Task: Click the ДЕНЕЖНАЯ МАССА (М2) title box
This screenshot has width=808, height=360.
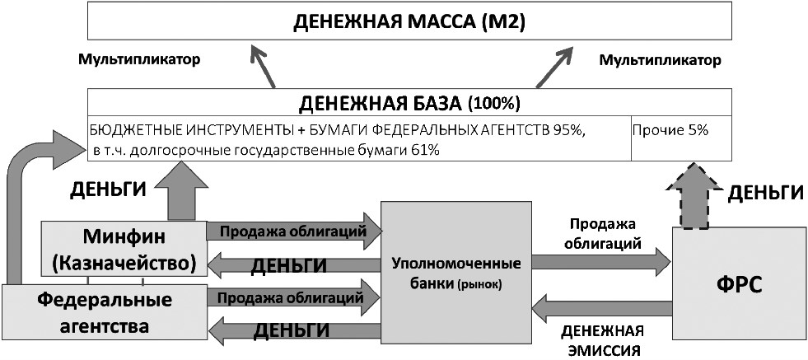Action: pyautogui.click(x=409, y=22)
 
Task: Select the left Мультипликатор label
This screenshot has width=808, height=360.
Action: pyautogui.click(x=139, y=60)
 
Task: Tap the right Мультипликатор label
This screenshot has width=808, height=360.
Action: pyautogui.click(x=660, y=60)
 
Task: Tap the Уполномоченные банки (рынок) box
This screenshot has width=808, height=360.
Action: pyautogui.click(x=455, y=272)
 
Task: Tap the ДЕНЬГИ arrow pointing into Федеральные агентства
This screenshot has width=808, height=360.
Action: pyautogui.click(x=292, y=330)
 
